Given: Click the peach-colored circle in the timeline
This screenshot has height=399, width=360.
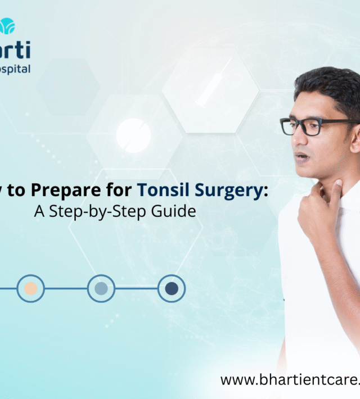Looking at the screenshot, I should [x=30, y=288].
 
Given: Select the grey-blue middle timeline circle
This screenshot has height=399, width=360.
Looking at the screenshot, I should [x=101, y=288].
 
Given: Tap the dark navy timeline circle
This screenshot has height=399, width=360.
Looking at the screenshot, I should [x=172, y=288].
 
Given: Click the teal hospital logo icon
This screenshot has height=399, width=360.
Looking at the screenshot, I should [x=7, y=26].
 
